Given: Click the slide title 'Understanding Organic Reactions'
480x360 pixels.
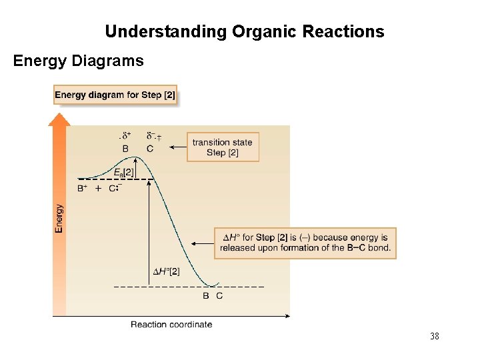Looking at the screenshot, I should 244,31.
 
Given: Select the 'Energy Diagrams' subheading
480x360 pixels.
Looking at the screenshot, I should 79,61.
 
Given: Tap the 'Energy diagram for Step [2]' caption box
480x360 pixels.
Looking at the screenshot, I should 115,95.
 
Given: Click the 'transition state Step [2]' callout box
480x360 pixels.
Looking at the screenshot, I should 223,147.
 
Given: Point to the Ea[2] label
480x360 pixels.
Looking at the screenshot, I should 123,173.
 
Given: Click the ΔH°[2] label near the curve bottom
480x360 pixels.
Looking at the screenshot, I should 166,271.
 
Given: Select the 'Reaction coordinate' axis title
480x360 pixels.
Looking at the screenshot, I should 171,325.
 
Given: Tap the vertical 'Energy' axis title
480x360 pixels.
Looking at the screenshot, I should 59,218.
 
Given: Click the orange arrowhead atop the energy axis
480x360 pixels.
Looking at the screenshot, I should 59,119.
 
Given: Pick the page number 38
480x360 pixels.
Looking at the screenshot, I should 435,337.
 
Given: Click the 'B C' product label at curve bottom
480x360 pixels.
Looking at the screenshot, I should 213,295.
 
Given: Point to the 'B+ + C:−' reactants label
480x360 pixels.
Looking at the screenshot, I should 99,189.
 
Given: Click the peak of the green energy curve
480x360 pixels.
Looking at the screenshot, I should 135,158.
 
